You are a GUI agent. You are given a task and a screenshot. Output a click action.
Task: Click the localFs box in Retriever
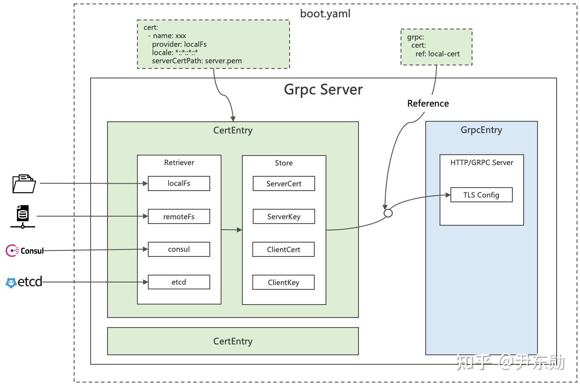tap(179, 183)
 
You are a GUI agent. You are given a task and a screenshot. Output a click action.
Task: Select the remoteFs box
tap(179, 217)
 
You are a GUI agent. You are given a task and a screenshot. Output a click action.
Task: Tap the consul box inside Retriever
tap(179, 250)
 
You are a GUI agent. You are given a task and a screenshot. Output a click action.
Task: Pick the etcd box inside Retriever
tap(179, 282)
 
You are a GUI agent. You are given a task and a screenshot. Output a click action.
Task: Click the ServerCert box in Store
tap(283, 184)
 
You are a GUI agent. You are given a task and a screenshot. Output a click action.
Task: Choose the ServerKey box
tap(283, 217)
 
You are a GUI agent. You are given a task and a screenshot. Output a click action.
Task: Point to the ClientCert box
tap(283, 250)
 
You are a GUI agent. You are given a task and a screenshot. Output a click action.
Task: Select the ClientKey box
tap(283, 282)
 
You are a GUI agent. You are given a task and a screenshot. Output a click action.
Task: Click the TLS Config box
tap(481, 195)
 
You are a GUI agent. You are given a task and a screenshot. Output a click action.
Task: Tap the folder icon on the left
tap(24, 183)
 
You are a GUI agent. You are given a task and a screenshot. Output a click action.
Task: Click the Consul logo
tap(25, 250)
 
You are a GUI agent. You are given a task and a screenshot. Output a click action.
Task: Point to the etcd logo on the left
tap(24, 282)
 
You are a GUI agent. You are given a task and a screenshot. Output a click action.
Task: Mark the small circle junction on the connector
tap(388, 213)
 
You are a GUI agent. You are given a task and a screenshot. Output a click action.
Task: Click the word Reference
tap(428, 103)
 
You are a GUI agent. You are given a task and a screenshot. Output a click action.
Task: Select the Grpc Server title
tap(323, 89)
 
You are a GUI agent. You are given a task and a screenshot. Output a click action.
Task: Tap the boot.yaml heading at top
tap(325, 13)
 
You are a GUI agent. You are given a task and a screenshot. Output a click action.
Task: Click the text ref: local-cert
tap(437, 54)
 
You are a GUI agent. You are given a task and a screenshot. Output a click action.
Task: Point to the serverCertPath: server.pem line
tap(196, 61)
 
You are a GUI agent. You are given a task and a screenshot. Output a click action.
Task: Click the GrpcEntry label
tap(481, 130)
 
